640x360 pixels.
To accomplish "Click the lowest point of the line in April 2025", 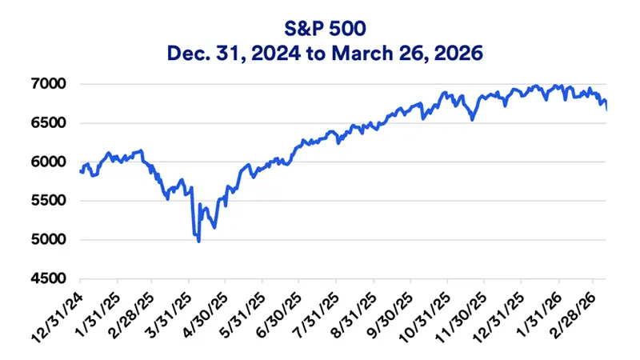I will click(198, 241).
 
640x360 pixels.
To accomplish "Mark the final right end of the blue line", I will click(606, 109).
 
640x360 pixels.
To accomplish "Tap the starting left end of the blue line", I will click(80, 170).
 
